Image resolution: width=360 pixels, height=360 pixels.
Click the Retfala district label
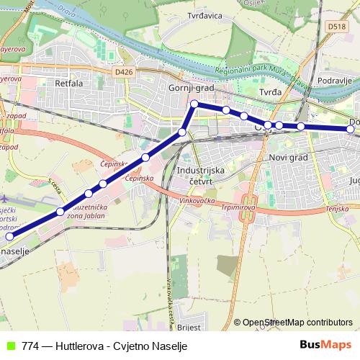click(x=70, y=84)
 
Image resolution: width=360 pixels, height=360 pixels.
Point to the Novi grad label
click(x=288, y=157)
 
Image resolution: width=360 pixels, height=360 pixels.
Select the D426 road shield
click(x=124, y=71)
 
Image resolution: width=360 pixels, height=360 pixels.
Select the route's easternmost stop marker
click(x=351, y=130)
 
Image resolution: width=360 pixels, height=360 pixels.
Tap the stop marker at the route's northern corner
click(x=194, y=104)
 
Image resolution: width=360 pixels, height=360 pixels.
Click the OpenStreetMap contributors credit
click(x=297, y=323)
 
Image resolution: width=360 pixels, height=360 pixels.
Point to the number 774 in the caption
click(x=30, y=346)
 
